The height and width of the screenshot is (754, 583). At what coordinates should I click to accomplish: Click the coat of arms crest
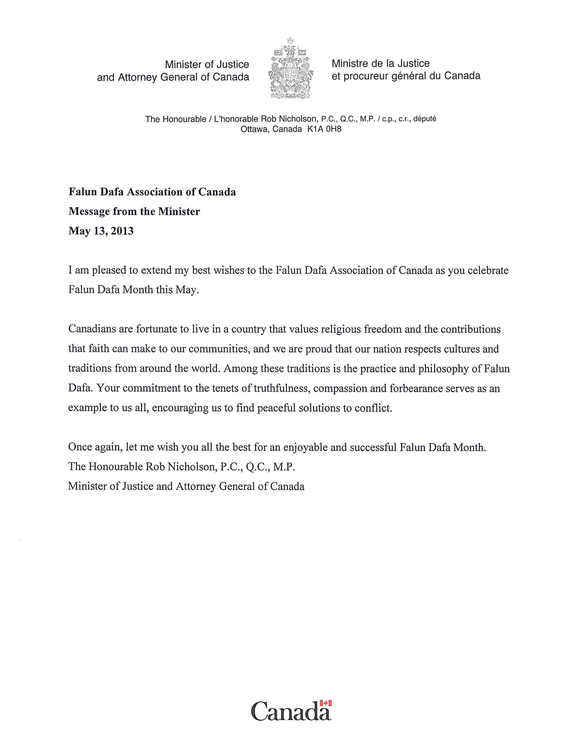click(290, 68)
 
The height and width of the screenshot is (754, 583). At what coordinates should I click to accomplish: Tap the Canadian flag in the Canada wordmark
click(326, 703)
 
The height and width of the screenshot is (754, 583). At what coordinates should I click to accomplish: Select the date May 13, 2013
click(101, 231)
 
